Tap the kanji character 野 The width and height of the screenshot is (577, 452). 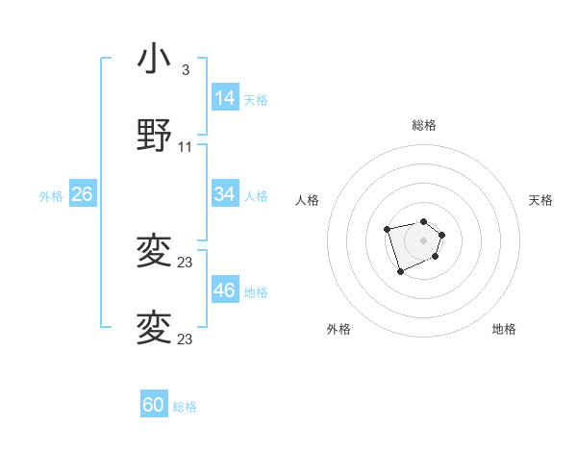point(155,136)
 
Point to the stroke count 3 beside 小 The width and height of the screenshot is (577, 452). point(185,70)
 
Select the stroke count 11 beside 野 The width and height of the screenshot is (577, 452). point(186,146)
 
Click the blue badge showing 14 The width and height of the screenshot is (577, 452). point(225,98)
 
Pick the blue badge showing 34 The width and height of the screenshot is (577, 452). point(225,194)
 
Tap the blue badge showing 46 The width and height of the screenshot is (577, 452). point(225,290)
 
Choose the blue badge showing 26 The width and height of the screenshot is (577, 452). point(82,194)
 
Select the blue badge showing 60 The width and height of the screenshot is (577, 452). point(154,405)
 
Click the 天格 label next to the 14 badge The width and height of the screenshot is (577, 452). point(256,99)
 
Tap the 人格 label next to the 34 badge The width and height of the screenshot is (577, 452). point(256,195)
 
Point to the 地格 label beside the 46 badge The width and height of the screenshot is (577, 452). point(256,291)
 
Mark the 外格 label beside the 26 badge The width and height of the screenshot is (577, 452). point(51,195)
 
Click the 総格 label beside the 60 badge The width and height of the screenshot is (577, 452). point(185,406)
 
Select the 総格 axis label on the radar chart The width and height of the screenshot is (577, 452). point(424,125)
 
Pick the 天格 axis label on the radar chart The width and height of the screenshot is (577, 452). point(541,200)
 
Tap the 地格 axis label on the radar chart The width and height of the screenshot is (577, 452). point(504,329)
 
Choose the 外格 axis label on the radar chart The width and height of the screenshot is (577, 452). point(339,329)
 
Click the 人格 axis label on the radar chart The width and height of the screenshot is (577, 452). point(308,200)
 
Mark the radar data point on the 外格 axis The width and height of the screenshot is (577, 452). point(400,272)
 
